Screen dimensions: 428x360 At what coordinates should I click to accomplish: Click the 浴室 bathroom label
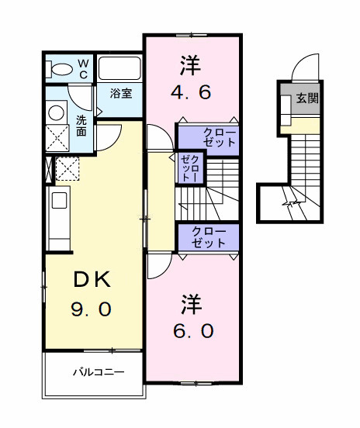coord(120,94)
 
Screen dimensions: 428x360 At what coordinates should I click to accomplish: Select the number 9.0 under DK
coord(92,309)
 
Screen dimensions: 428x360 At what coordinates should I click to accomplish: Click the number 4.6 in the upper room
coord(190,91)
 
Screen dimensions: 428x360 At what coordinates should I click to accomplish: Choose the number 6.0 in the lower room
coord(192,330)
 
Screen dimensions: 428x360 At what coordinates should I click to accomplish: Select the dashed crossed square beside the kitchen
coord(68,167)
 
